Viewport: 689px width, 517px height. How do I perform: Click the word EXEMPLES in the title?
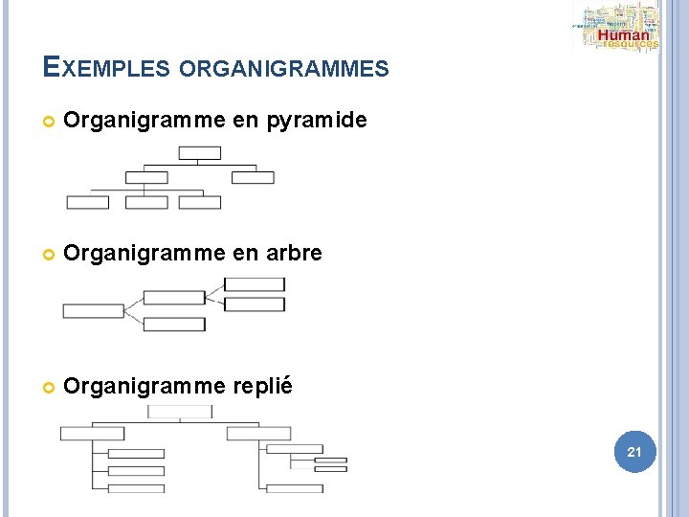pyautogui.click(x=106, y=68)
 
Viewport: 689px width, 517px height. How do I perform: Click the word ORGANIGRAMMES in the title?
pyautogui.click(x=283, y=69)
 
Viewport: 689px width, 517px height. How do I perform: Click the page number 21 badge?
pyautogui.click(x=633, y=450)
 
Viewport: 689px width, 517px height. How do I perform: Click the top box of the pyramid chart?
pyautogui.click(x=200, y=153)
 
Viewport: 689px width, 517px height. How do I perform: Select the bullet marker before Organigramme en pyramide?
pyautogui.click(x=49, y=122)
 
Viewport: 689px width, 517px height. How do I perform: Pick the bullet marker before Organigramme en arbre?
pyautogui.click(x=49, y=255)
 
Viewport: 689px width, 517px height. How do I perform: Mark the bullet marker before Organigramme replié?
pyautogui.click(x=49, y=388)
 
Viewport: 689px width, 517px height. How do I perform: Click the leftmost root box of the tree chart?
pyautogui.click(x=93, y=311)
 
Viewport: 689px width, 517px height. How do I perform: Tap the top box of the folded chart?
pyautogui.click(x=180, y=411)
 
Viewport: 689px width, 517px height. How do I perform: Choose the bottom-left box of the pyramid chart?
pyautogui.click(x=87, y=202)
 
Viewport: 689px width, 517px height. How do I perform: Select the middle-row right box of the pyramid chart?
pyautogui.click(x=253, y=177)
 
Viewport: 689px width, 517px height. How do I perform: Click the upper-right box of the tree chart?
pyautogui.click(x=254, y=284)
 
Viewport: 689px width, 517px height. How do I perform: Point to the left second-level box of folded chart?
pyautogui.click(x=92, y=434)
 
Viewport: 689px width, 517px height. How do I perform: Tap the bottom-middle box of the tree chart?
pyautogui.click(x=174, y=325)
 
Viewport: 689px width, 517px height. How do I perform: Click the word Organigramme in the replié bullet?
pyautogui.click(x=143, y=387)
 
